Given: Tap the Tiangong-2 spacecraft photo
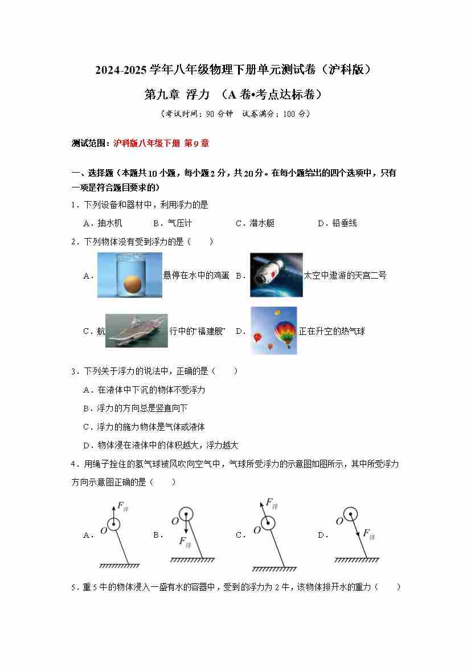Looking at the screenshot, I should tap(276, 275).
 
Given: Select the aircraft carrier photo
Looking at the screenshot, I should tap(136, 330).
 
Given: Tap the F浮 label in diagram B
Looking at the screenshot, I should tap(185, 542).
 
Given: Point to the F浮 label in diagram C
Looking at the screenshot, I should tap(272, 503).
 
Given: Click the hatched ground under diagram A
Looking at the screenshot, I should tap(120, 566).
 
